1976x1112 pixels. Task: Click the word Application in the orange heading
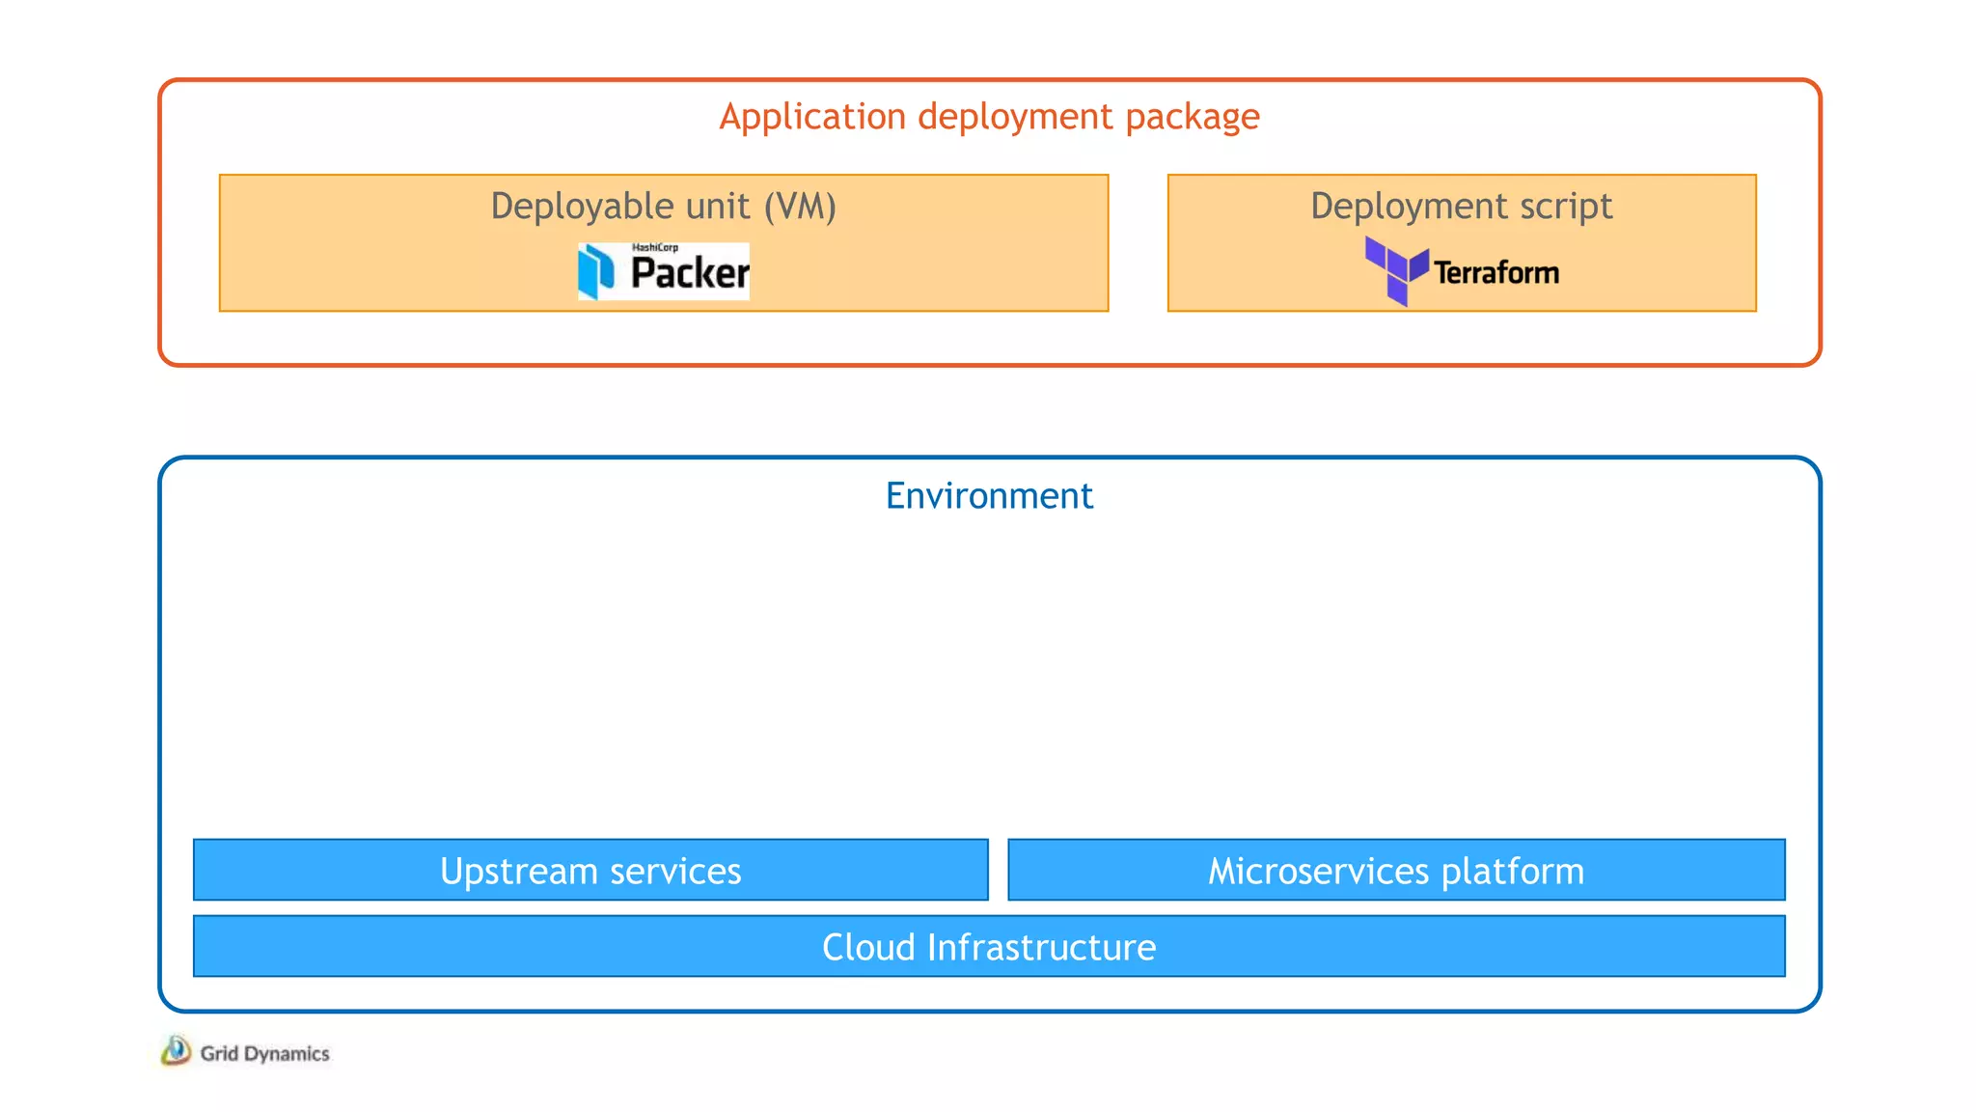click(x=812, y=117)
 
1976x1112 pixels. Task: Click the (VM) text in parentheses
click(x=800, y=207)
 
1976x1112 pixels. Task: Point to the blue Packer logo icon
click(x=595, y=271)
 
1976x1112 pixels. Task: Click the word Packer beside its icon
click(x=689, y=273)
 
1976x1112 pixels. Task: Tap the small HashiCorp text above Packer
click(x=654, y=248)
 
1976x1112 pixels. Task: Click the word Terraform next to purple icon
click(x=1496, y=273)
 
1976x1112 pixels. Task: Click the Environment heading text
click(x=989, y=496)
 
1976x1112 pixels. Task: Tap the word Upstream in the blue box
click(x=519, y=871)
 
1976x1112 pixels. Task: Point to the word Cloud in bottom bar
click(x=868, y=947)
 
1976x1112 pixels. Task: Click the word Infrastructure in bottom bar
click(x=1041, y=947)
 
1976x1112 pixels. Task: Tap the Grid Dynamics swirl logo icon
click(x=176, y=1050)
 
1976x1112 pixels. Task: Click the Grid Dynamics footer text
click(x=264, y=1053)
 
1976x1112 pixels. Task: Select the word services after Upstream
click(x=675, y=871)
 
